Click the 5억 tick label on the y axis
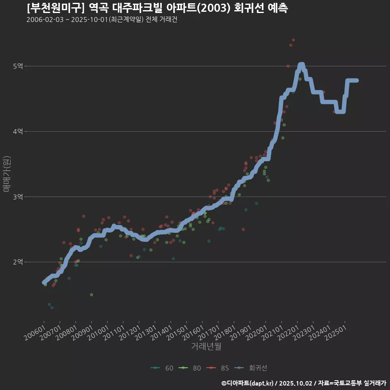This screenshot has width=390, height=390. [18, 66]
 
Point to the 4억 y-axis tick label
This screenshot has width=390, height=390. [18, 131]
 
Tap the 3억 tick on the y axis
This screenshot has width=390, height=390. [18, 197]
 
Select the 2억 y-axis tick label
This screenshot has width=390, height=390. [18, 262]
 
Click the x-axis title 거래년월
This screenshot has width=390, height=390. [206, 347]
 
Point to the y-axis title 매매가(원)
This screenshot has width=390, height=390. [6, 174]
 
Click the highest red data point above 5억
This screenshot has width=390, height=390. [293, 40]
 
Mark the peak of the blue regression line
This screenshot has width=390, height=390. [301, 65]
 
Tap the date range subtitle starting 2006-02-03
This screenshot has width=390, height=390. [102, 19]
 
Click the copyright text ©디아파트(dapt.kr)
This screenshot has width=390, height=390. [248, 383]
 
